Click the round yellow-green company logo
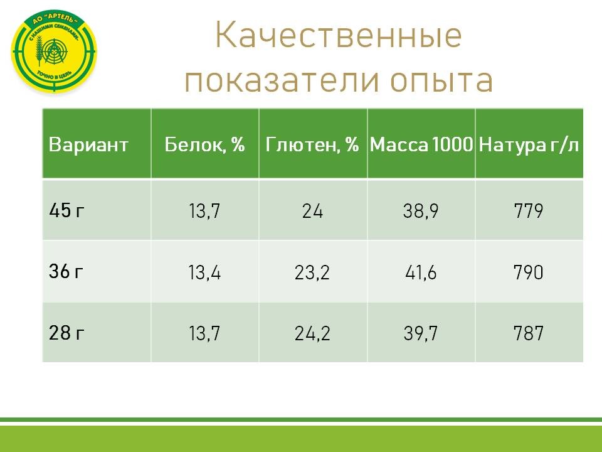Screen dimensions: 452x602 click(x=55, y=53)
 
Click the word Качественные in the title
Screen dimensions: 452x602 click(x=338, y=36)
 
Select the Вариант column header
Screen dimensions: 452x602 click(x=88, y=145)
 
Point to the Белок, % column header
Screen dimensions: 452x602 click(x=204, y=145)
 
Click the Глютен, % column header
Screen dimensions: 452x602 click(x=312, y=145)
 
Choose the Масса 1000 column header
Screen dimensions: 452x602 click(x=421, y=145)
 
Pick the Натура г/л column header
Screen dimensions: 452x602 click(x=529, y=145)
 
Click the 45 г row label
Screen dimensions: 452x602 click(x=66, y=211)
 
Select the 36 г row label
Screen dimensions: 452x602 click(x=66, y=272)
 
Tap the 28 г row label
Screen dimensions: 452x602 click(x=66, y=333)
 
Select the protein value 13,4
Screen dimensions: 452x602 click(x=204, y=273)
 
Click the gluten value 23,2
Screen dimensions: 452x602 click(x=312, y=273)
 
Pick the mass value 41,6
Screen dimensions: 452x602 click(x=420, y=273)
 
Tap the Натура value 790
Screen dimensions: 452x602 click(x=528, y=273)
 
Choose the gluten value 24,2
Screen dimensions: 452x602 click(x=312, y=334)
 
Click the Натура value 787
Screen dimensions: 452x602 click(x=528, y=334)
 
